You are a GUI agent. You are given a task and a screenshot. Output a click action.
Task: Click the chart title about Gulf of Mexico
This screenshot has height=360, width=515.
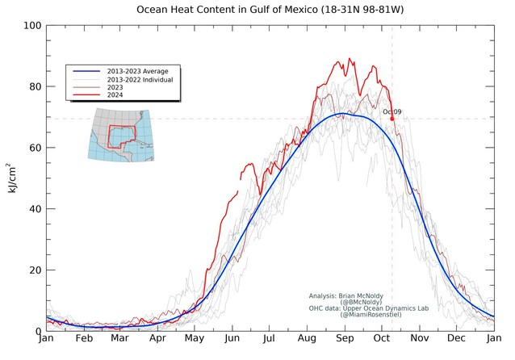click(270, 9)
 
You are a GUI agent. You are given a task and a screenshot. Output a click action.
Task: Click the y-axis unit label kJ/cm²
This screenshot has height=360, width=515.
click(11, 178)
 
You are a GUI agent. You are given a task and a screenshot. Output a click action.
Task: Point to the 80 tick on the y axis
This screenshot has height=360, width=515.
click(35, 86)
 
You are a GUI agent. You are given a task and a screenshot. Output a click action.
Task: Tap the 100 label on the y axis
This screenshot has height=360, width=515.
click(32, 26)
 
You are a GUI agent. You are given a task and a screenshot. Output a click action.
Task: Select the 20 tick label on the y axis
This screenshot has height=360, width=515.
click(35, 270)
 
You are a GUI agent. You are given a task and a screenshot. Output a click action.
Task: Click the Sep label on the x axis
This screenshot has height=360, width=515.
click(345, 338)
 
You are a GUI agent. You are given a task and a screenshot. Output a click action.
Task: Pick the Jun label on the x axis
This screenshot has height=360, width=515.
click(232, 338)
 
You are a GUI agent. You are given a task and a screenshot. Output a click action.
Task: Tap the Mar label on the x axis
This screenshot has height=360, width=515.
click(119, 338)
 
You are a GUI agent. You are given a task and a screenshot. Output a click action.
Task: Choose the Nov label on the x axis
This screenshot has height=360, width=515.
click(420, 338)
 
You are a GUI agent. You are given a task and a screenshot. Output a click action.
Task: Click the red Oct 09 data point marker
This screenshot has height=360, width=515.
click(391, 119)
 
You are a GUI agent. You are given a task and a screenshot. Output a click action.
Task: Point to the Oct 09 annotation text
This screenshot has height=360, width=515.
click(391, 111)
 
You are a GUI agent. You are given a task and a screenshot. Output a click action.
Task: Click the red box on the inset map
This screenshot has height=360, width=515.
click(109, 136)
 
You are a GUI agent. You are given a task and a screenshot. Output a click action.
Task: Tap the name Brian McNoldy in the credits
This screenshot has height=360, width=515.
click(361, 296)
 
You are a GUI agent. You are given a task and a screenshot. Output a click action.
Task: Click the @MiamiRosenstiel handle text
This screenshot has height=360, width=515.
click(371, 315)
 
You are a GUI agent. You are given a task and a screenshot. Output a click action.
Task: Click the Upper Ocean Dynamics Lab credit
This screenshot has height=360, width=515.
click(386, 308)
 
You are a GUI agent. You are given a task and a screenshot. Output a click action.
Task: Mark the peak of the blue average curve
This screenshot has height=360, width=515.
click(342, 114)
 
